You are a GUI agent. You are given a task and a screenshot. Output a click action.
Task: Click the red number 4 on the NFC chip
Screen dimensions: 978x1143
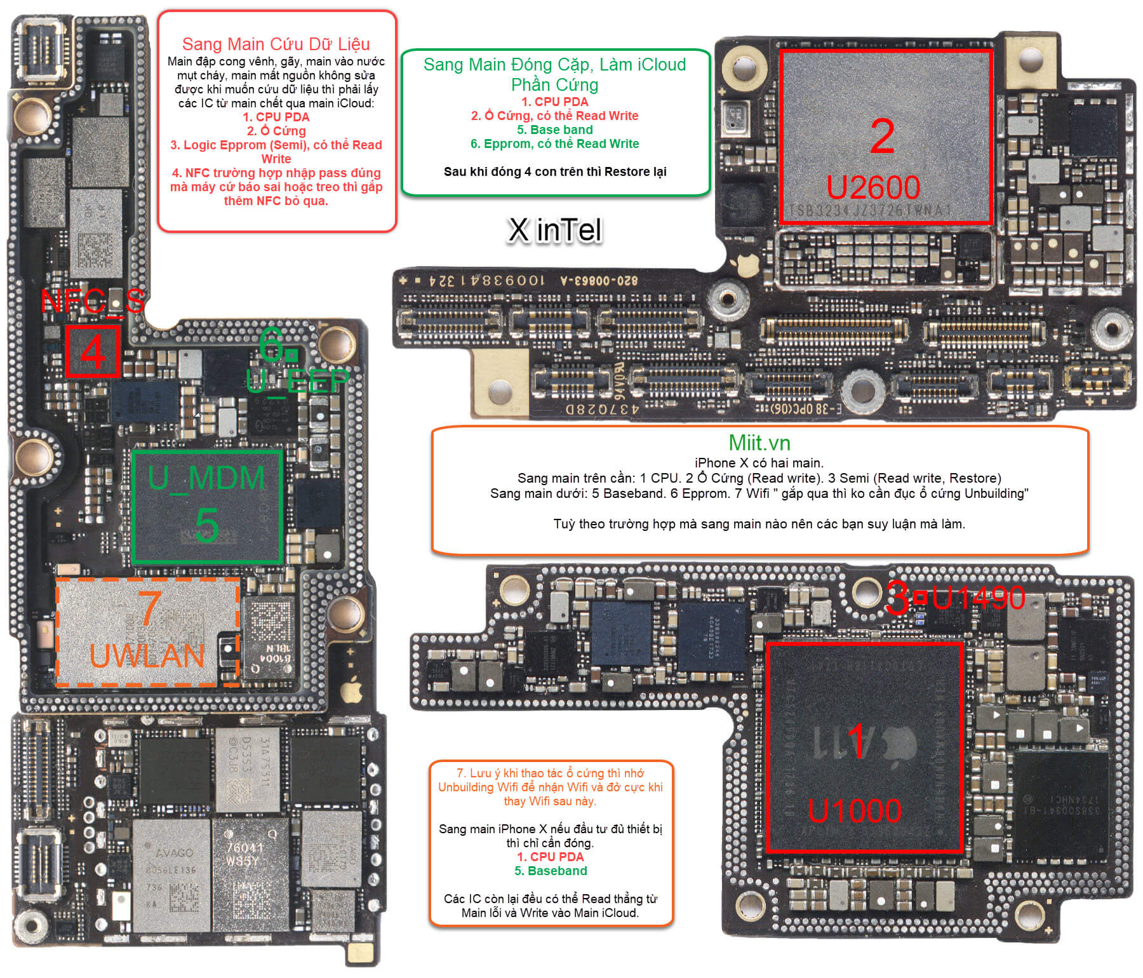(93, 351)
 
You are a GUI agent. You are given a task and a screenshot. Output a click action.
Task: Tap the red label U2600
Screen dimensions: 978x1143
(873, 187)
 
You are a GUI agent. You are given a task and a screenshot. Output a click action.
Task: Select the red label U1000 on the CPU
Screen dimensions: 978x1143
(854, 811)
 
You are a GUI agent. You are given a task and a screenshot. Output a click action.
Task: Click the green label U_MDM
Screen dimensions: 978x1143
(206, 478)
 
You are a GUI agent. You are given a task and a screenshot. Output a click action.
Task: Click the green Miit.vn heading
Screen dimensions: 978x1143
(759, 443)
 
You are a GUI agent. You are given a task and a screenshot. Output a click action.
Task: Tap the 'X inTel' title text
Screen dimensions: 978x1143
(554, 230)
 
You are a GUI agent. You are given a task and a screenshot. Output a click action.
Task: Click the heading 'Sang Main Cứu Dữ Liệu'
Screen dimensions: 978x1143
(276, 44)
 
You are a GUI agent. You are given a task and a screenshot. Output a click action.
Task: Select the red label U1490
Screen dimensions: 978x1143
(978, 598)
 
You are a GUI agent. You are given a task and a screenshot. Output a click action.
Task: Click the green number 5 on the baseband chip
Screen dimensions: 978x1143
(207, 525)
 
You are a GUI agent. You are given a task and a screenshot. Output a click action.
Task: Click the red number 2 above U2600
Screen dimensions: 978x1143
(882, 137)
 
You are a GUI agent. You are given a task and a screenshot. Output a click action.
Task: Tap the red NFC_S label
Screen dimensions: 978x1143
(93, 301)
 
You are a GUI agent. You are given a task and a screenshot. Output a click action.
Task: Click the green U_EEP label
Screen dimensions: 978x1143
(297, 380)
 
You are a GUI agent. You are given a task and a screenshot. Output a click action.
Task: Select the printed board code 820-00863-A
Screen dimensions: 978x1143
(599, 280)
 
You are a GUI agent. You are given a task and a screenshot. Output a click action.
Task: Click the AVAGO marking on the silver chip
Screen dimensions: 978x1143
(174, 852)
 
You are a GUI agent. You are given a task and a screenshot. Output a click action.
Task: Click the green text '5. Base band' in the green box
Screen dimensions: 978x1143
(554, 130)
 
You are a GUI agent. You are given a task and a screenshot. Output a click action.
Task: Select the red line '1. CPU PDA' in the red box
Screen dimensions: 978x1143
(276, 117)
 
